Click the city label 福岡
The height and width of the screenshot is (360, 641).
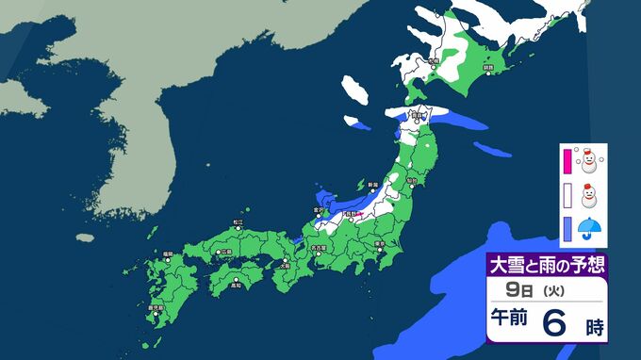pyautogui.click(x=167, y=253)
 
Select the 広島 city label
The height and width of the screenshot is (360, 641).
pyautogui.click(x=226, y=253)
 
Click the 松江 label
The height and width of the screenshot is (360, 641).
pyautogui.click(x=238, y=222)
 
